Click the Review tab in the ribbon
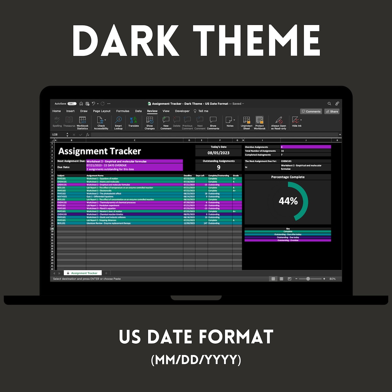click(x=152, y=111)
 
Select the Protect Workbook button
click(x=260, y=122)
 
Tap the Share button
click(x=332, y=111)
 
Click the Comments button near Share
click(x=311, y=111)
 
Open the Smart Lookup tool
click(x=118, y=122)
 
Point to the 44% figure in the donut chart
click(x=288, y=201)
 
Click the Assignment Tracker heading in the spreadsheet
click(x=100, y=151)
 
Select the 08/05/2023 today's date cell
click(x=218, y=153)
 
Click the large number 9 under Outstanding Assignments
click(x=218, y=167)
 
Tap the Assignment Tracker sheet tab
click(x=84, y=273)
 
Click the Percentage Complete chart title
click(x=288, y=177)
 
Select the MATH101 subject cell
click(x=62, y=197)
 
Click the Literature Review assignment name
click(x=109, y=223)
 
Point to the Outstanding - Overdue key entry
click(x=288, y=240)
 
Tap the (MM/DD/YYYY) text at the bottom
click(x=196, y=360)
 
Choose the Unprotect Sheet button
click(x=247, y=122)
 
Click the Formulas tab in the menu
click(x=123, y=111)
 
